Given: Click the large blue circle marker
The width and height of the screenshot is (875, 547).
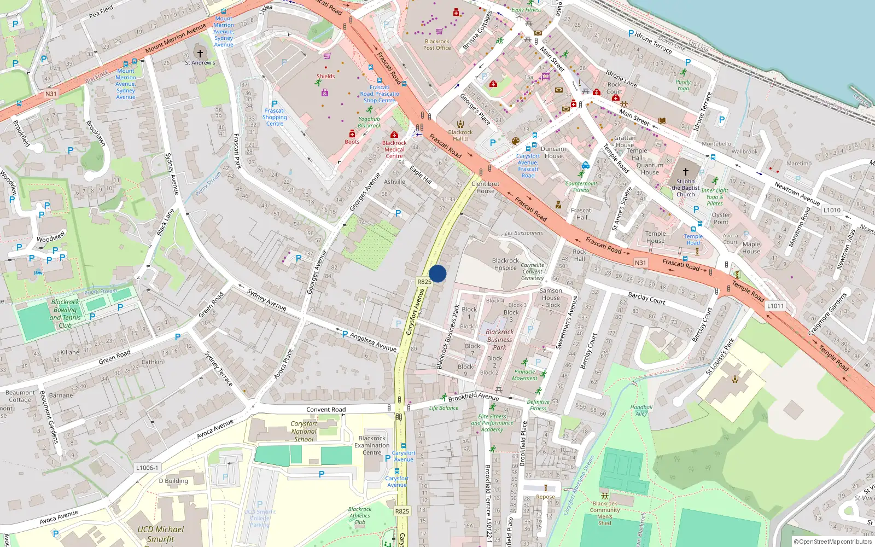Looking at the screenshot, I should point(437,273).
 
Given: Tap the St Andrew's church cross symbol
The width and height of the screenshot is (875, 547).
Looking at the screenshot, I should point(200,54).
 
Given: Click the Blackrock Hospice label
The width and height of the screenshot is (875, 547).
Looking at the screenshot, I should point(505,264).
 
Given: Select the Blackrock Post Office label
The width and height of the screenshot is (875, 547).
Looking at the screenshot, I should point(437,45).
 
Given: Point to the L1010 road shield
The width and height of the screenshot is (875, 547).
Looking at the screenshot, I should point(832,210).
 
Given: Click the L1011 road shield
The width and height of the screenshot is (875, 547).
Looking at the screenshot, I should point(775,306).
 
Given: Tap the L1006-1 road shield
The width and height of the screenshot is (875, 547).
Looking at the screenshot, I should point(147,468).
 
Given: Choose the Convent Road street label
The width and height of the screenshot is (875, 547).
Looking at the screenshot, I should point(326,410).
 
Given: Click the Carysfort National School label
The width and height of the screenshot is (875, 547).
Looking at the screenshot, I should point(304,431).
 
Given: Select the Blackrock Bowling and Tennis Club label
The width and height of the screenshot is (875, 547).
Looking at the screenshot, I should point(65,313).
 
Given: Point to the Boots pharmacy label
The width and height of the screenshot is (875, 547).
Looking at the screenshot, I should point(352,142).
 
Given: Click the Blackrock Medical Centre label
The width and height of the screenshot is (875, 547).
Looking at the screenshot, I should point(394,149).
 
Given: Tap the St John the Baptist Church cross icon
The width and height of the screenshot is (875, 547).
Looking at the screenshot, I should point(685,172).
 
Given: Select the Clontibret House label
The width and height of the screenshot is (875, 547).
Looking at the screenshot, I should point(485,188).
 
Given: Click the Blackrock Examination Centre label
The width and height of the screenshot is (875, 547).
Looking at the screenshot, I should point(372,445).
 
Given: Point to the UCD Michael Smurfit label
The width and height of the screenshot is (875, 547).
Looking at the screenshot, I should point(161,534).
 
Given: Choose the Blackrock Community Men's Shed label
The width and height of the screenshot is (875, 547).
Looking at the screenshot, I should point(605,513).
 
